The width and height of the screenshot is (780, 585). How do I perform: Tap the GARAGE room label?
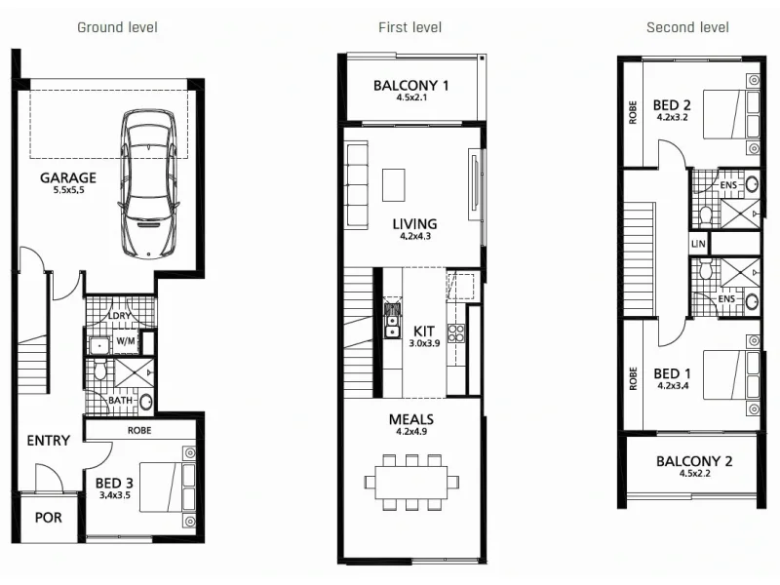tap(68, 177)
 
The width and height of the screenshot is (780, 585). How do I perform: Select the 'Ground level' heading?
tap(117, 27)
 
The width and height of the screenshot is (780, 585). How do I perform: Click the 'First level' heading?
tap(409, 27)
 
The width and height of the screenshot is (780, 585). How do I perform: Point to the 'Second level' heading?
tap(687, 27)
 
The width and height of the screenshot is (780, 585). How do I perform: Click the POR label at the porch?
tap(48, 518)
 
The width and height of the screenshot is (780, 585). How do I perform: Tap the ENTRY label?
tap(48, 441)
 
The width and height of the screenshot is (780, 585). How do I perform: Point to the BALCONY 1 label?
tap(410, 86)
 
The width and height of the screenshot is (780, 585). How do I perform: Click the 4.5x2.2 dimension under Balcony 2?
tap(693, 474)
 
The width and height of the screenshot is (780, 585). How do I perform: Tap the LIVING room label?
tap(414, 223)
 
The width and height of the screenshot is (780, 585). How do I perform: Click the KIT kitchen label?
tap(423, 331)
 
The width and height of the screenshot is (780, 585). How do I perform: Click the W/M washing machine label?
tap(125, 341)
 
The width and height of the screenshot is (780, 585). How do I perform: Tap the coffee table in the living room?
tap(393, 182)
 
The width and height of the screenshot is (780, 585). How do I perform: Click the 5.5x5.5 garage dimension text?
tap(68, 190)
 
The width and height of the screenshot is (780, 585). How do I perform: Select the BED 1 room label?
tap(673, 373)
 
